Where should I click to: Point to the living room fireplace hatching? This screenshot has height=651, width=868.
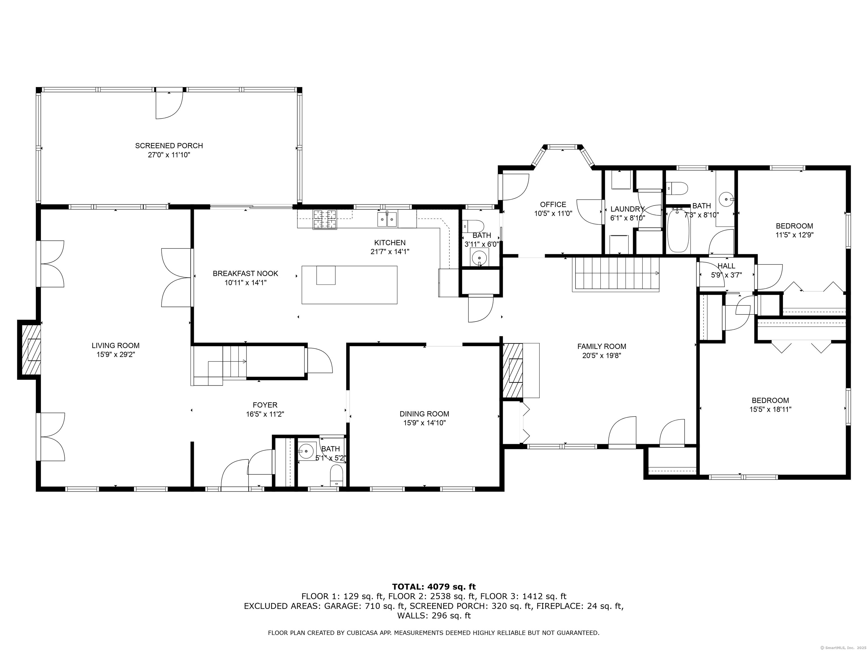click(31, 350)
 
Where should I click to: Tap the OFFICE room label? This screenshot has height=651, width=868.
click(553, 205)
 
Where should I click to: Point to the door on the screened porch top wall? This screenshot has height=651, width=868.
click(169, 104)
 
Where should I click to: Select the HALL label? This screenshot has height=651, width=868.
click(726, 266)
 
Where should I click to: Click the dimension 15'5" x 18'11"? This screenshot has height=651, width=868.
click(770, 409)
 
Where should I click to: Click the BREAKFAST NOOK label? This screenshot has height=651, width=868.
click(245, 274)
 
